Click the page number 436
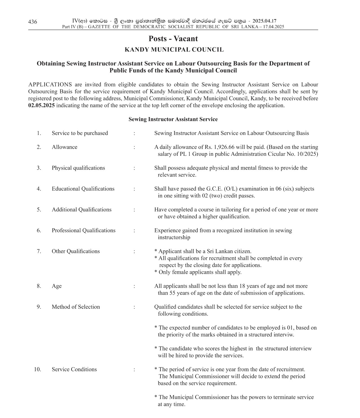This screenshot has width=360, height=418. coord(32,22)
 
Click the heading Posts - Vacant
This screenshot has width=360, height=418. coord(173,39)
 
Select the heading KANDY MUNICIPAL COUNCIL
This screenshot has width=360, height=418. coord(174,50)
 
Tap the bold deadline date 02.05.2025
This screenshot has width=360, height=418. coord(42,106)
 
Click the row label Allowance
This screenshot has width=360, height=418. coord(64,147)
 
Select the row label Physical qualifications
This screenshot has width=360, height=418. coord(78,168)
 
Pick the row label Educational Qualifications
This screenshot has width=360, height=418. coord(83,189)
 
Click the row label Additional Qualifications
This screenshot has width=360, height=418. coord(82,210)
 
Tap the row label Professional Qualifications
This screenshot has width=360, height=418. coord(84,231)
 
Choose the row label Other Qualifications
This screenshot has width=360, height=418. coord(76,251)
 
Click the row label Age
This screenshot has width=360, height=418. coord(56,286)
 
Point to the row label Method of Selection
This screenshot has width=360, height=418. coord(76,307)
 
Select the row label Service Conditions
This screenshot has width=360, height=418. coord(74,369)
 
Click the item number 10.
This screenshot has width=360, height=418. coord(38,369)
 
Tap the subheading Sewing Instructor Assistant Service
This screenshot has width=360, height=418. coord(173,119)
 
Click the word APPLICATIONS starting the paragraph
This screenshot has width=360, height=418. coord(50,85)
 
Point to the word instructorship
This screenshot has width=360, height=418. coord(174,237)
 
